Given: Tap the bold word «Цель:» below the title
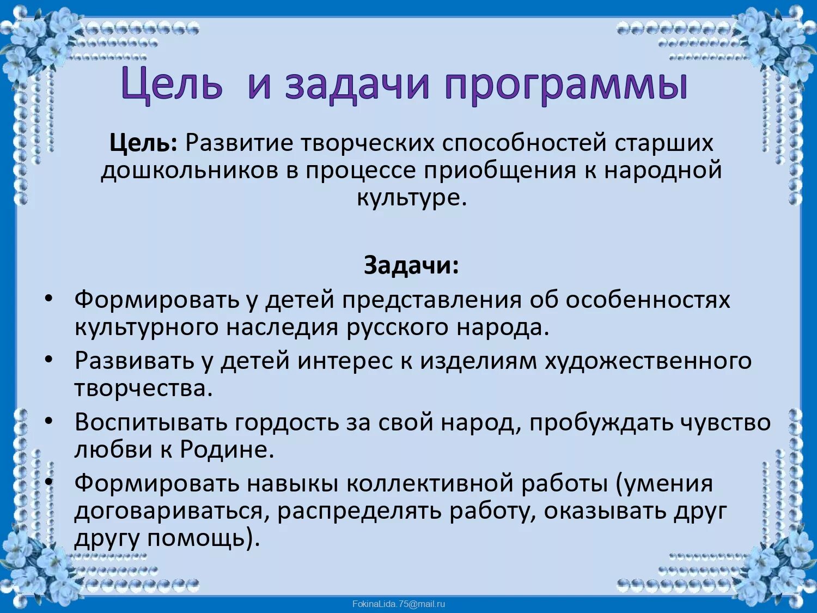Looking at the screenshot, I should (143, 143).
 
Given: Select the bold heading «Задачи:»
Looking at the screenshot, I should (411, 265).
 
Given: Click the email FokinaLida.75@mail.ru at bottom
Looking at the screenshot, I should (399, 604).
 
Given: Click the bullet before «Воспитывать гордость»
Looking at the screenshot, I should (49, 421).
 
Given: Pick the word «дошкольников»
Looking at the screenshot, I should (189, 171).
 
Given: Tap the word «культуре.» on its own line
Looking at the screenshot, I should (412, 197).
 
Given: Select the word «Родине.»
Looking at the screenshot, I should (227, 450).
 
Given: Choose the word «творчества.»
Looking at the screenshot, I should (143, 389).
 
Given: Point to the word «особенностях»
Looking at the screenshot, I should (648, 300).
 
